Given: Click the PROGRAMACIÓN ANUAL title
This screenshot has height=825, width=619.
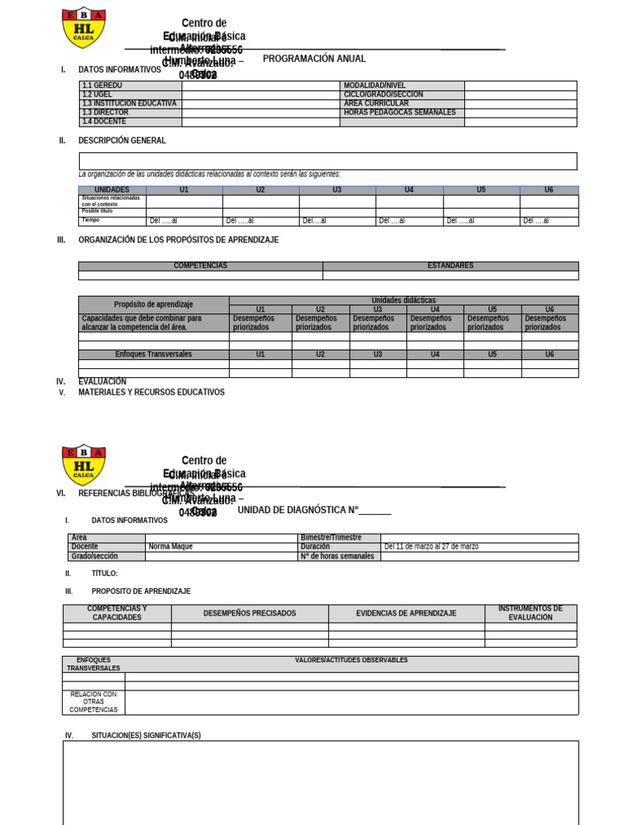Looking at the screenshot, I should (314, 59).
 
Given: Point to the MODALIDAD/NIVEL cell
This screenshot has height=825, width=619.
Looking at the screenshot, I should (402, 85).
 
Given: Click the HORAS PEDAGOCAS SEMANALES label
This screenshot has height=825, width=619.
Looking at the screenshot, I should (402, 113).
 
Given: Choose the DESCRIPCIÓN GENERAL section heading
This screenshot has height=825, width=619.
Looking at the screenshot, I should (122, 140).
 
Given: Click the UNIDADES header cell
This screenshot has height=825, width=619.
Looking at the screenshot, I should (112, 190).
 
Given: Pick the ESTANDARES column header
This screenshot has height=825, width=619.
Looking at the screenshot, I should (450, 266).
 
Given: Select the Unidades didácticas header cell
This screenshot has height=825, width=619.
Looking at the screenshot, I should (403, 300).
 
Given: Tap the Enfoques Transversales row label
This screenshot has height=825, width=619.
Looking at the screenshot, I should (153, 354).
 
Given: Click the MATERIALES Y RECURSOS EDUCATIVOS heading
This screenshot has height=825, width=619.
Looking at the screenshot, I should (152, 392).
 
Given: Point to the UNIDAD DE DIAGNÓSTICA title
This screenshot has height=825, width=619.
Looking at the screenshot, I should (314, 510).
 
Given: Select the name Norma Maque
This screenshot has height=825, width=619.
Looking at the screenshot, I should (171, 546).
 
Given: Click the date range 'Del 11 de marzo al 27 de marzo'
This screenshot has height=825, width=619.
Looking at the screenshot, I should (431, 546).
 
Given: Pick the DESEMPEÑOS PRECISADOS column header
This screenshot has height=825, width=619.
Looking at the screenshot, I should (249, 613).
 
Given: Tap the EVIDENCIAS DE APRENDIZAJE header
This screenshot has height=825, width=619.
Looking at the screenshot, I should (406, 613).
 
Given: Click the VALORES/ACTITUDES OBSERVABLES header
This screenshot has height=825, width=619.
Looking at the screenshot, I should (351, 660).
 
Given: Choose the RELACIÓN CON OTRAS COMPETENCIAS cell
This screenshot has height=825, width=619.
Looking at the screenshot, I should (93, 702).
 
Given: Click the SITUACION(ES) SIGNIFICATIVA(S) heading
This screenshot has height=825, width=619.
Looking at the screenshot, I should (146, 736).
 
